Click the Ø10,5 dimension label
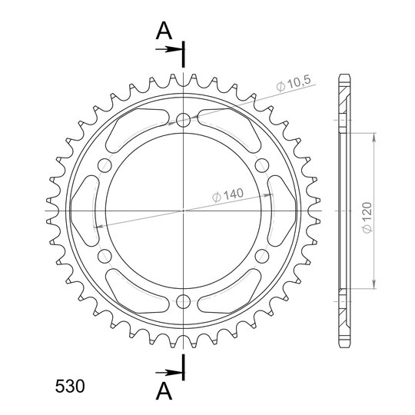tap(294, 83)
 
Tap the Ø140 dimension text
tap(228, 195)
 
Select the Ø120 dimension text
tap(367, 217)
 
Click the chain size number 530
tap(70, 386)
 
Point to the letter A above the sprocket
tap(164, 31)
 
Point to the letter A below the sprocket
tap(164, 391)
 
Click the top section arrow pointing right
tap(169, 49)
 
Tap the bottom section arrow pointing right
tap(169, 373)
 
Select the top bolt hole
tap(184, 120)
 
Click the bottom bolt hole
tap(184, 302)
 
